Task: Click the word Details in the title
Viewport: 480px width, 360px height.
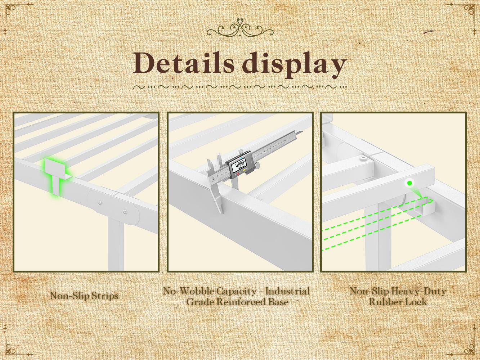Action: [184, 63]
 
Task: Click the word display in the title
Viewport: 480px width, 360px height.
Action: [294, 65]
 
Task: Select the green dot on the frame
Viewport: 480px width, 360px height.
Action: [410, 183]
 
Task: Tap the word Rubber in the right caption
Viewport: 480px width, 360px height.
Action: [382, 302]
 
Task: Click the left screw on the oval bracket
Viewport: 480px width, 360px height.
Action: [100, 202]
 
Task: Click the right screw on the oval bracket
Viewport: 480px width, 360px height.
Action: [125, 211]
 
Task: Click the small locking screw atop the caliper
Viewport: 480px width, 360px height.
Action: [241, 151]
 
